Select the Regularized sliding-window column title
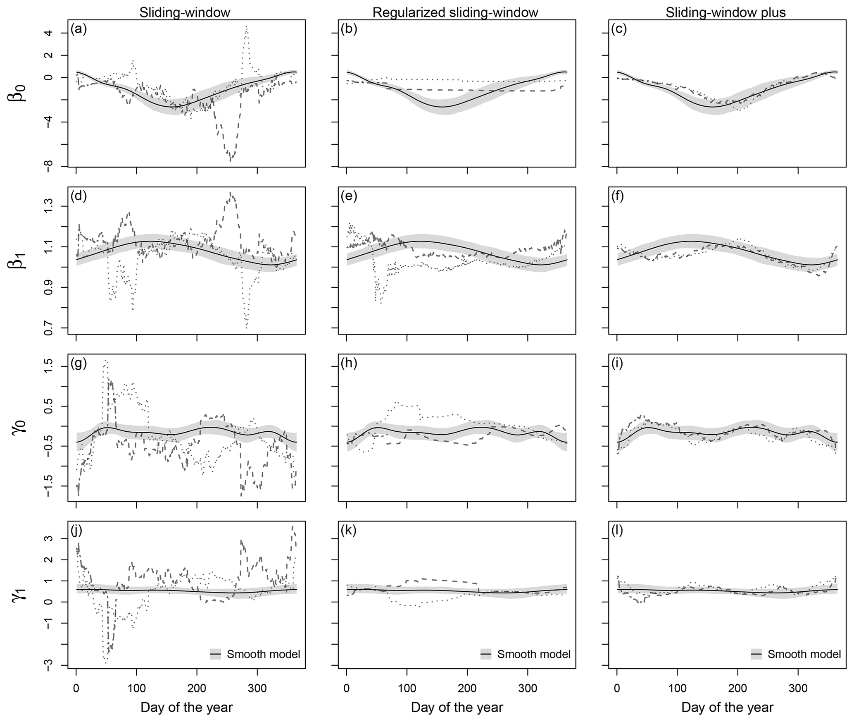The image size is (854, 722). [x=455, y=13]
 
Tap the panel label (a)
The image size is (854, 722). [x=79, y=29]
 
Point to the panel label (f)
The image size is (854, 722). [x=618, y=196]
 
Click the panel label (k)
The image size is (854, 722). [x=349, y=530]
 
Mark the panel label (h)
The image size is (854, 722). [x=349, y=363]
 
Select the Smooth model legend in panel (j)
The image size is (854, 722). [x=255, y=654]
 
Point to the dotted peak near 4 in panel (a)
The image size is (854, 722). [x=246, y=27]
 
